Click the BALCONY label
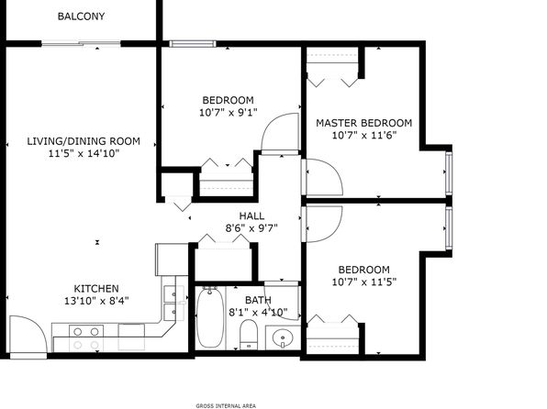coord(81,17)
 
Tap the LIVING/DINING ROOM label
coord(84,141)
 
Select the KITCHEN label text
coord(96,289)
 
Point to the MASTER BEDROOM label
coord(363,123)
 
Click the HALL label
coord(251,216)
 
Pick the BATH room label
coord(258,300)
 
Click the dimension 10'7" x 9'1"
coord(229,113)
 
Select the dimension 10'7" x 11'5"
coord(364,282)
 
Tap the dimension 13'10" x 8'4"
coord(96,301)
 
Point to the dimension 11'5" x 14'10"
coord(84,153)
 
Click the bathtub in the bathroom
coord(210,317)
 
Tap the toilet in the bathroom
coord(249,334)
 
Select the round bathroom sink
coord(283,337)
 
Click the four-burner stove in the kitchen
coord(86,337)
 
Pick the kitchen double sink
coord(174,303)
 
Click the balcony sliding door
coord(81,44)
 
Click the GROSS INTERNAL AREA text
coord(226,405)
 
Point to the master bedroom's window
coord(449,173)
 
